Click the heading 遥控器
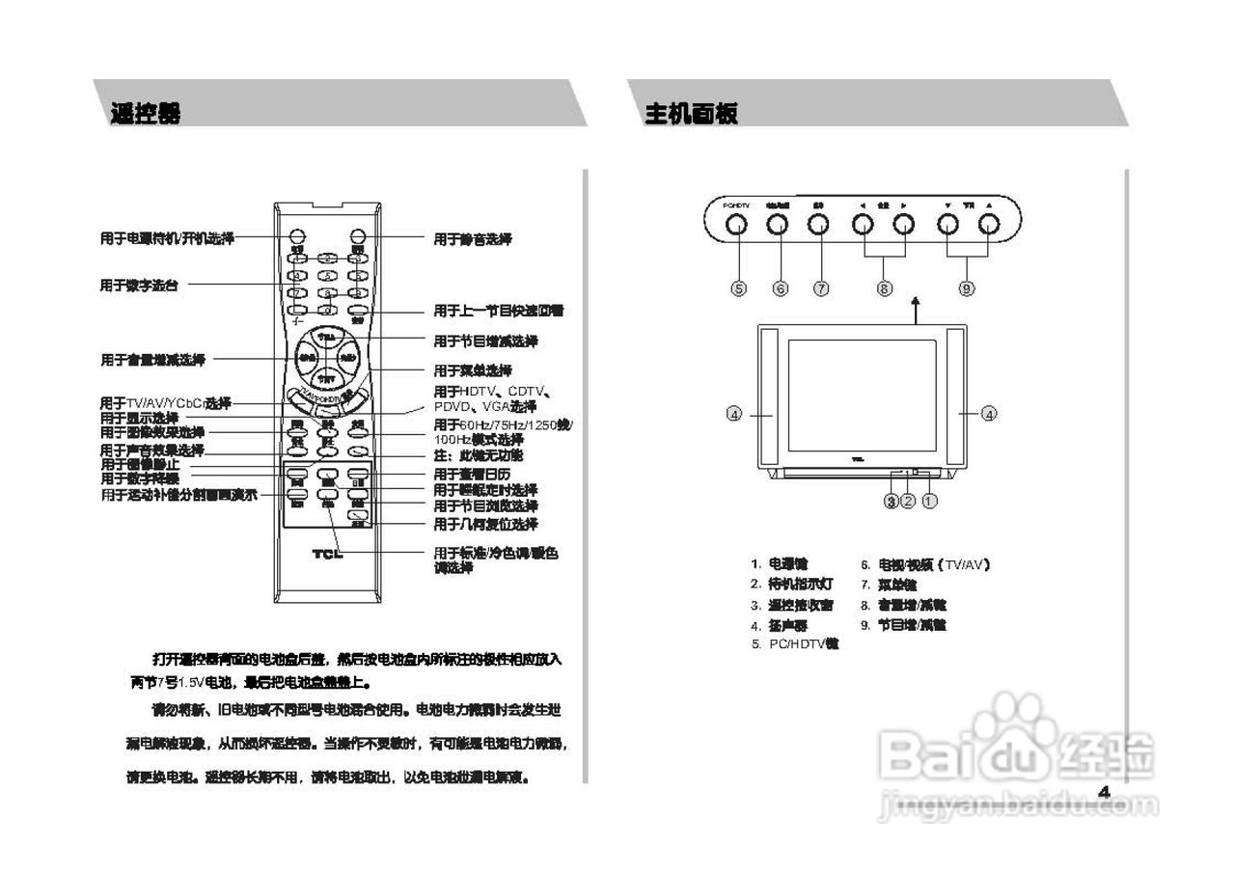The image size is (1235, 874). pyautogui.click(x=145, y=114)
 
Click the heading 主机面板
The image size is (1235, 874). pyautogui.click(x=691, y=114)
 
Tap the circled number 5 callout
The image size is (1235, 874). pyautogui.click(x=738, y=287)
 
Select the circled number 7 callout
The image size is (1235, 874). pyautogui.click(x=821, y=287)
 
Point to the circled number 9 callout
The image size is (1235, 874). pyautogui.click(x=967, y=287)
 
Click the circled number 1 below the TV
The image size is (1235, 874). pyautogui.click(x=930, y=502)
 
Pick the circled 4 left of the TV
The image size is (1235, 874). pyautogui.click(x=734, y=414)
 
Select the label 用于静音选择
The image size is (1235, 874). pyautogui.click(x=472, y=239)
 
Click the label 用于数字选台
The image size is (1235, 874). pyautogui.click(x=139, y=286)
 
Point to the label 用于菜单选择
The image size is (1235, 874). pyautogui.click(x=472, y=370)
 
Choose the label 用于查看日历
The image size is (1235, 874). pyautogui.click(x=472, y=475)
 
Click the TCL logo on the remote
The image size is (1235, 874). pyautogui.click(x=327, y=554)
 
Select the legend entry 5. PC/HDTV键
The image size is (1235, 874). pyautogui.click(x=795, y=643)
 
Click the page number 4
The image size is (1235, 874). pyautogui.click(x=1105, y=792)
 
